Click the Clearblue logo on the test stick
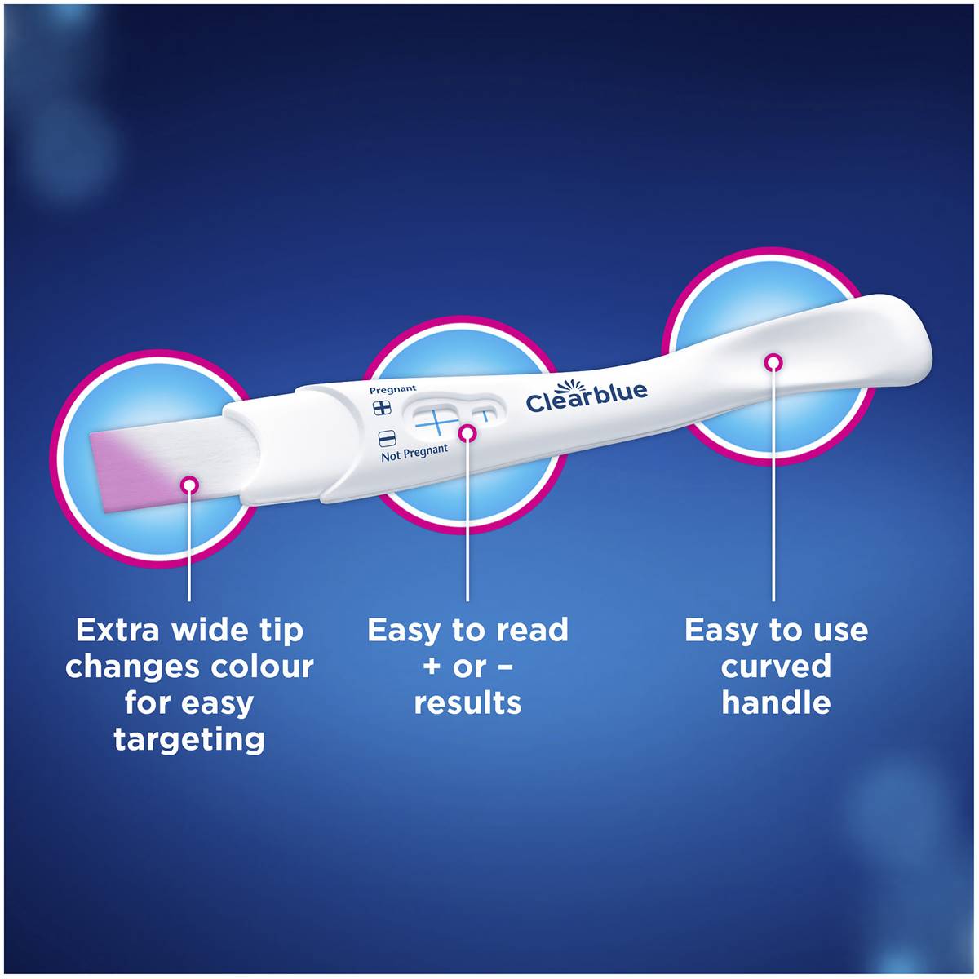(586, 396)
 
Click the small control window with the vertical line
(485, 413)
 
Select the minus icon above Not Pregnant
(388, 438)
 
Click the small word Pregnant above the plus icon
(392, 390)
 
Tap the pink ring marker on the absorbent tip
(189, 485)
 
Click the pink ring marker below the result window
(467, 433)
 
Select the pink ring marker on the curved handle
(773, 361)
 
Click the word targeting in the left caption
(189, 739)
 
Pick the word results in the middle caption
(467, 702)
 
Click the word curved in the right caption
(776, 667)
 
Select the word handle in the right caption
(776, 702)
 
